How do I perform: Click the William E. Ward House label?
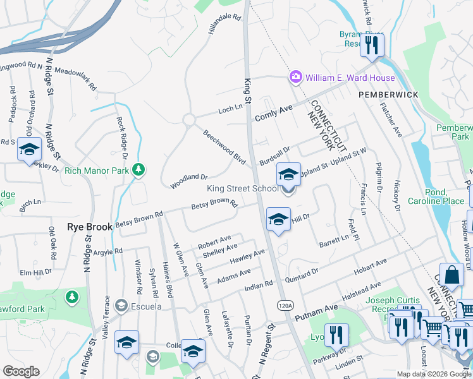tap(350, 78)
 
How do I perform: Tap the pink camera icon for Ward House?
tap(295, 78)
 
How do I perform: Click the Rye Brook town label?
tap(90, 226)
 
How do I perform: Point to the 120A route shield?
tap(286, 306)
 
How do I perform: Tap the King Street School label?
tap(243, 188)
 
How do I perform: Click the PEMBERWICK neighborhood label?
tap(388, 94)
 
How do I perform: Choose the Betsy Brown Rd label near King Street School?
tap(214, 205)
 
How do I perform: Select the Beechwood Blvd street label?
tap(224, 147)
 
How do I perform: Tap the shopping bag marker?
tap(451, 275)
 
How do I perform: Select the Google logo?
tap(21, 371)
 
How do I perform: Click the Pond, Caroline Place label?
tap(445, 196)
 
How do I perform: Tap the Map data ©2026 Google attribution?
tap(433, 374)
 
